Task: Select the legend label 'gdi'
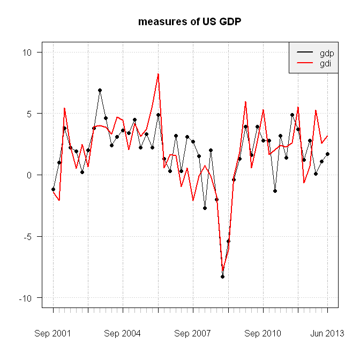[x=325, y=63]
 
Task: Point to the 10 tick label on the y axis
[x=28, y=52]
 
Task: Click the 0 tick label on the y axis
[x=30, y=175]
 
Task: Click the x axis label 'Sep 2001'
[x=52, y=333]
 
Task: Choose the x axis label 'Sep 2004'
[x=123, y=333]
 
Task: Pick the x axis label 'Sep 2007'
[x=193, y=333]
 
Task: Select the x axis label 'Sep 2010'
[x=263, y=333]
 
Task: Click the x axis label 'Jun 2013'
[x=327, y=333]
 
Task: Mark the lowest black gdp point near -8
[x=222, y=276]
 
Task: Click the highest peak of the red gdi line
[x=158, y=74]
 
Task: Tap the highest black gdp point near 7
[x=100, y=91]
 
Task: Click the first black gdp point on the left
[x=53, y=189]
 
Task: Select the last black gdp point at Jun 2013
[x=327, y=154]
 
